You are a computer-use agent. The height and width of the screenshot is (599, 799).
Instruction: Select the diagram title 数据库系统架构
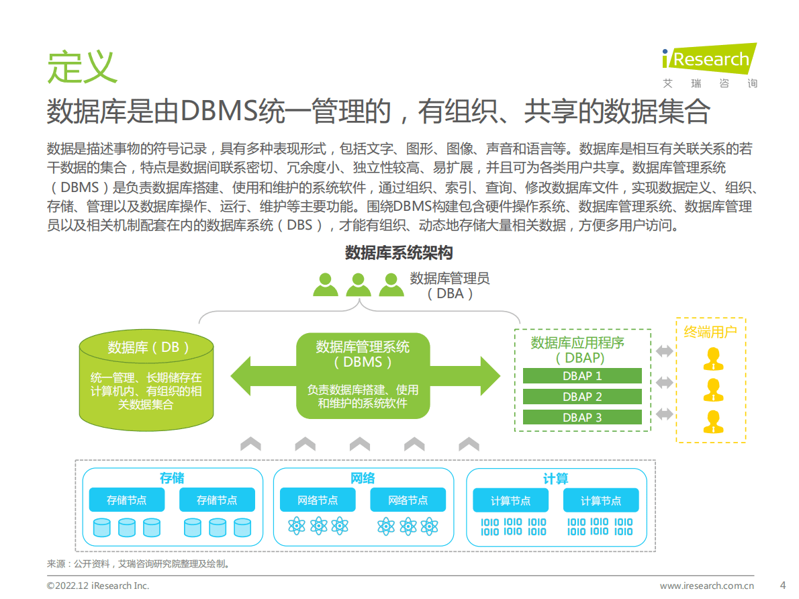pos(399,252)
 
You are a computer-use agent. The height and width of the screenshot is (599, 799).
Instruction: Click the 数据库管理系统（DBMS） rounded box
pos(363,374)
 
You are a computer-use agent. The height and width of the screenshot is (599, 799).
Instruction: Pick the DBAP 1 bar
pos(582,376)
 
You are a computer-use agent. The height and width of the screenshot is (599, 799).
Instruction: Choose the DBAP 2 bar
pos(582,397)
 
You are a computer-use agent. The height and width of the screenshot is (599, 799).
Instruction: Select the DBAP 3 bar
pos(582,418)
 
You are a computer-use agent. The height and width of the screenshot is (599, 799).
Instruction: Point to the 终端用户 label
pos(710,331)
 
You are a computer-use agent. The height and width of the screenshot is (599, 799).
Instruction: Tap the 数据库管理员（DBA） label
pos(450,285)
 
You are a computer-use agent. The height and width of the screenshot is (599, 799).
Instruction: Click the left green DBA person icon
pos(326,285)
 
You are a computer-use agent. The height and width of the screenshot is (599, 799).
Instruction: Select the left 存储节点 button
pos(127,500)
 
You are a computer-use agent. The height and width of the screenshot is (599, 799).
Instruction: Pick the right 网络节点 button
pos(408,500)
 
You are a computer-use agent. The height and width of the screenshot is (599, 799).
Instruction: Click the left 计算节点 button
pos(510,501)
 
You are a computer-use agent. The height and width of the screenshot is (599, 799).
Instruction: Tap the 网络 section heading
pos(363,478)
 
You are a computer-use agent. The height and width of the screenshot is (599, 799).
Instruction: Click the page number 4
pos(782,585)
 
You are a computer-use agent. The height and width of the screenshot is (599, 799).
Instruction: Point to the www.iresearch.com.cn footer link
pos(707,586)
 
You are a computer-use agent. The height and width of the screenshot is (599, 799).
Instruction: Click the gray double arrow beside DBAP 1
pos(664,351)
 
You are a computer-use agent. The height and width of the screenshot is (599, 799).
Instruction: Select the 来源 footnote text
pos(138,564)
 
